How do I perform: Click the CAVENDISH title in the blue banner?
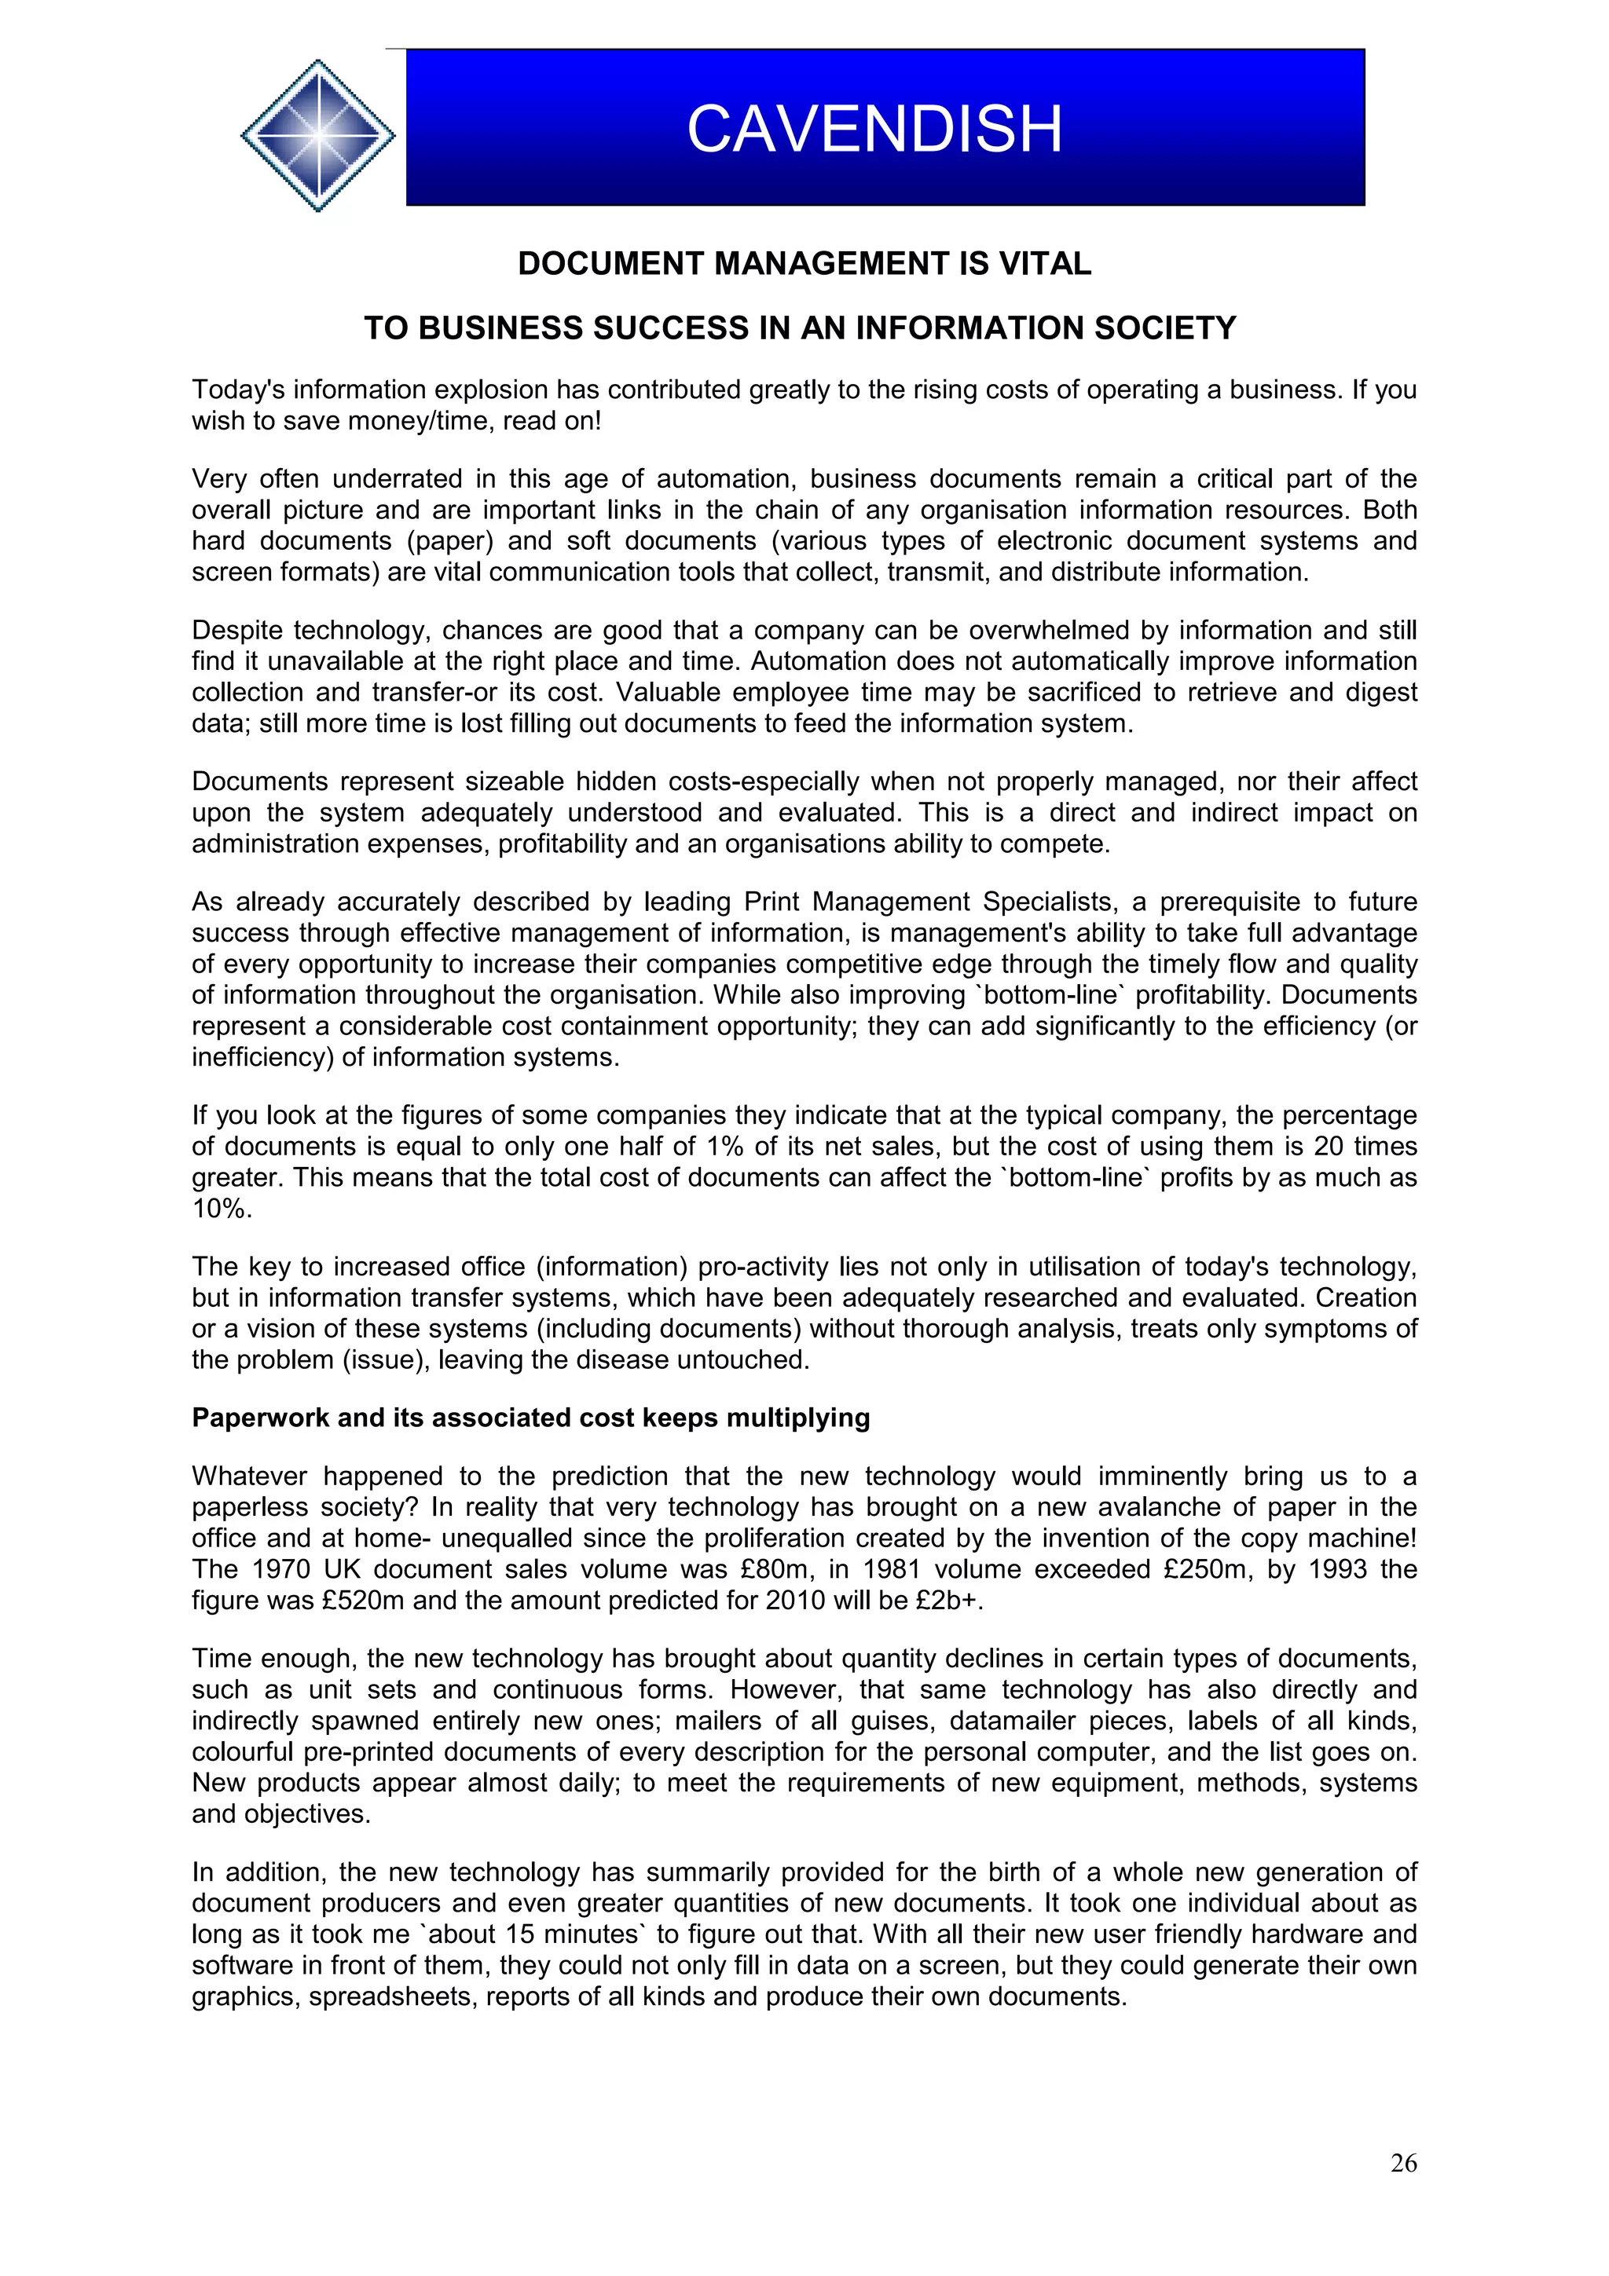pos(874,129)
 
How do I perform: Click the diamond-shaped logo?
pos(317,135)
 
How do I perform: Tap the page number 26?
pos(1403,2163)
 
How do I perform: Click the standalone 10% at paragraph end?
pos(221,1209)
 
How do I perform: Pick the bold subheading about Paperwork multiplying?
pos(530,1418)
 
